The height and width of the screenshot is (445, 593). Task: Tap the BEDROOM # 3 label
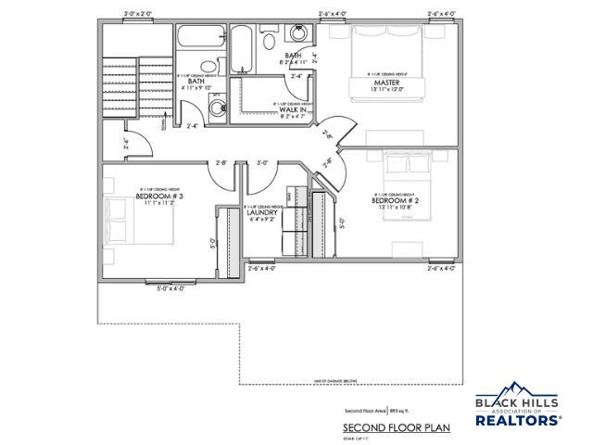159,197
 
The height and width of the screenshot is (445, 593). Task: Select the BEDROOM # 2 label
390,200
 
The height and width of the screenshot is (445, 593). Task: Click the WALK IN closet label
293,110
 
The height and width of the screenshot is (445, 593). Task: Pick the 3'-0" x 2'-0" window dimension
138,14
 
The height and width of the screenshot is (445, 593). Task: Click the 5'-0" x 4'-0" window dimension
171,288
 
